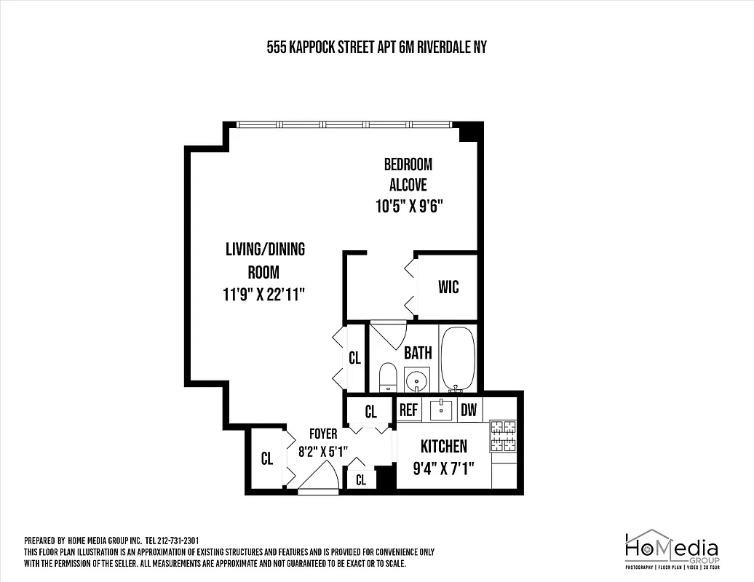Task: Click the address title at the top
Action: (x=376, y=48)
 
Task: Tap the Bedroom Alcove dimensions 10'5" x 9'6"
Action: (x=409, y=206)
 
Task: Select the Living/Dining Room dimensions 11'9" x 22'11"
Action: (x=264, y=295)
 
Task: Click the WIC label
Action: (x=448, y=287)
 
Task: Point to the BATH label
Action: (x=418, y=353)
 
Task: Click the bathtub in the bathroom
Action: (x=459, y=358)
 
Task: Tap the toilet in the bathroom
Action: (x=388, y=377)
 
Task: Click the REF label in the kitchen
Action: (x=408, y=410)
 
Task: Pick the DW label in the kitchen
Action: (x=469, y=410)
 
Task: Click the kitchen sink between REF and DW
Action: (x=441, y=410)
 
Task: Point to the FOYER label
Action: (x=323, y=434)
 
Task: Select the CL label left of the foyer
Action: (x=266, y=459)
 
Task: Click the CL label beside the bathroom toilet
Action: (x=354, y=358)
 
